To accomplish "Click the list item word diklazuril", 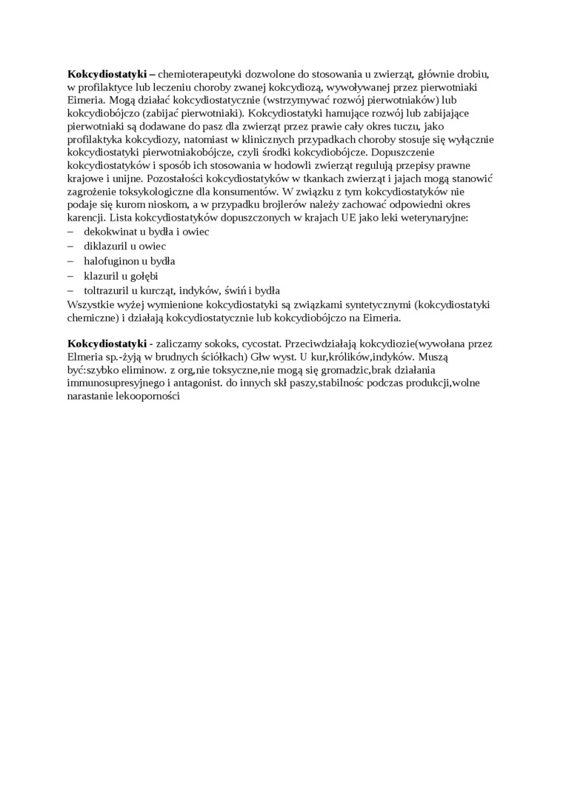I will click(106, 246).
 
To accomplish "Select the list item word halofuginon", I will click(112, 261).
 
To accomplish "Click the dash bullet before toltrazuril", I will click(71, 290).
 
